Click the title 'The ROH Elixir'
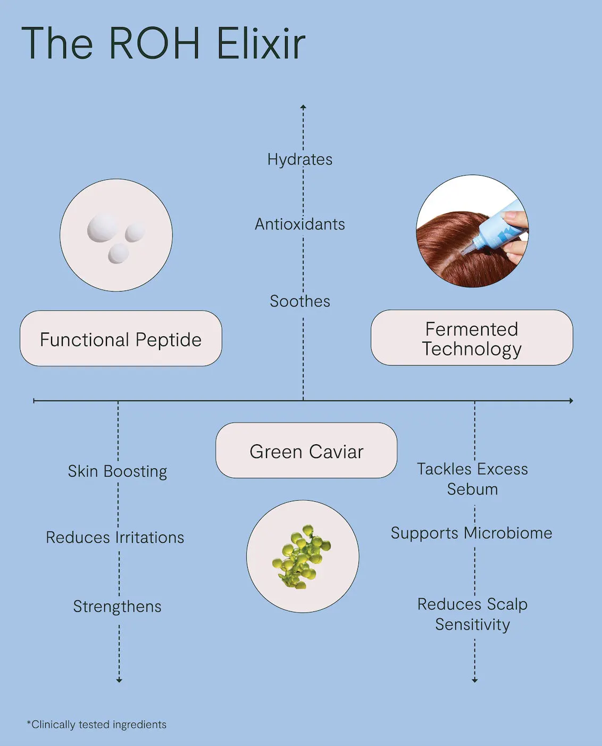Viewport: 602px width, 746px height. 163,44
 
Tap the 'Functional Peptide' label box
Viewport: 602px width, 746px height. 121,338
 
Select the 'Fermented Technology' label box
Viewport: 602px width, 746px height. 472,338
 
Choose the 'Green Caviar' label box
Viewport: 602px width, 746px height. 306,450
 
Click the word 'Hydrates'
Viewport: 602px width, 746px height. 300,160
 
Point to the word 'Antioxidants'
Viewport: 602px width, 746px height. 300,224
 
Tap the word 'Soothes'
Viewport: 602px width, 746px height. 300,301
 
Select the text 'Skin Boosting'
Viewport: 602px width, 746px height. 117,471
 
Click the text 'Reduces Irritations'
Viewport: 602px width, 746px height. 115,537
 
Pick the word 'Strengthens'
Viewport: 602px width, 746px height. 117,607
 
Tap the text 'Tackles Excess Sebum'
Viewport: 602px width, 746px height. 472,479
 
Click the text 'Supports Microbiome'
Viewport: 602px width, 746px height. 472,534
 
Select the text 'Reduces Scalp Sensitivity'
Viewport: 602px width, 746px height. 472,615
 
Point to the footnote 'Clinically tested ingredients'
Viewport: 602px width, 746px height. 97,725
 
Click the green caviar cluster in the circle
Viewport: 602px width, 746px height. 302,557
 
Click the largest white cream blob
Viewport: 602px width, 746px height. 104,228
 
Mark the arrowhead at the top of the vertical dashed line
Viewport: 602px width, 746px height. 303,107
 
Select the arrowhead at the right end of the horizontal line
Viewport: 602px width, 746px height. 571,400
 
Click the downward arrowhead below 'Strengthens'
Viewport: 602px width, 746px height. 119,680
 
